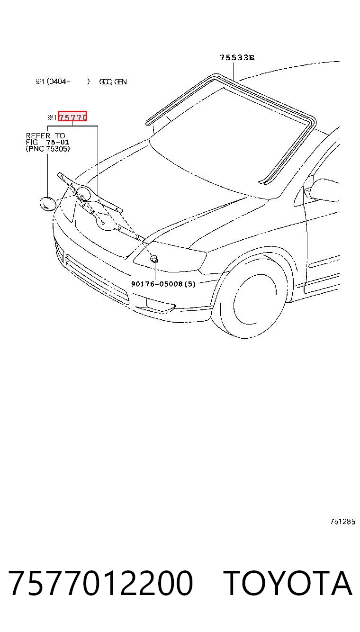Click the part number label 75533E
[237, 57]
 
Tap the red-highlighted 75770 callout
[72, 116]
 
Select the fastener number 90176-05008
[157, 284]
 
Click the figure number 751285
[343, 522]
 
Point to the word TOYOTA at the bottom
[288, 583]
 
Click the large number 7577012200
[100, 583]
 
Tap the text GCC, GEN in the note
[113, 82]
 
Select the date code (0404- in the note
[58, 81]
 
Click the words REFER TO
[45, 135]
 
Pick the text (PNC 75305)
[47, 149]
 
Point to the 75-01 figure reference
[58, 142]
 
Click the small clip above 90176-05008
[154, 259]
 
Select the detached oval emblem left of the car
[47, 204]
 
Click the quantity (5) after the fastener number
[190, 284]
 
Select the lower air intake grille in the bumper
[97, 280]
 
